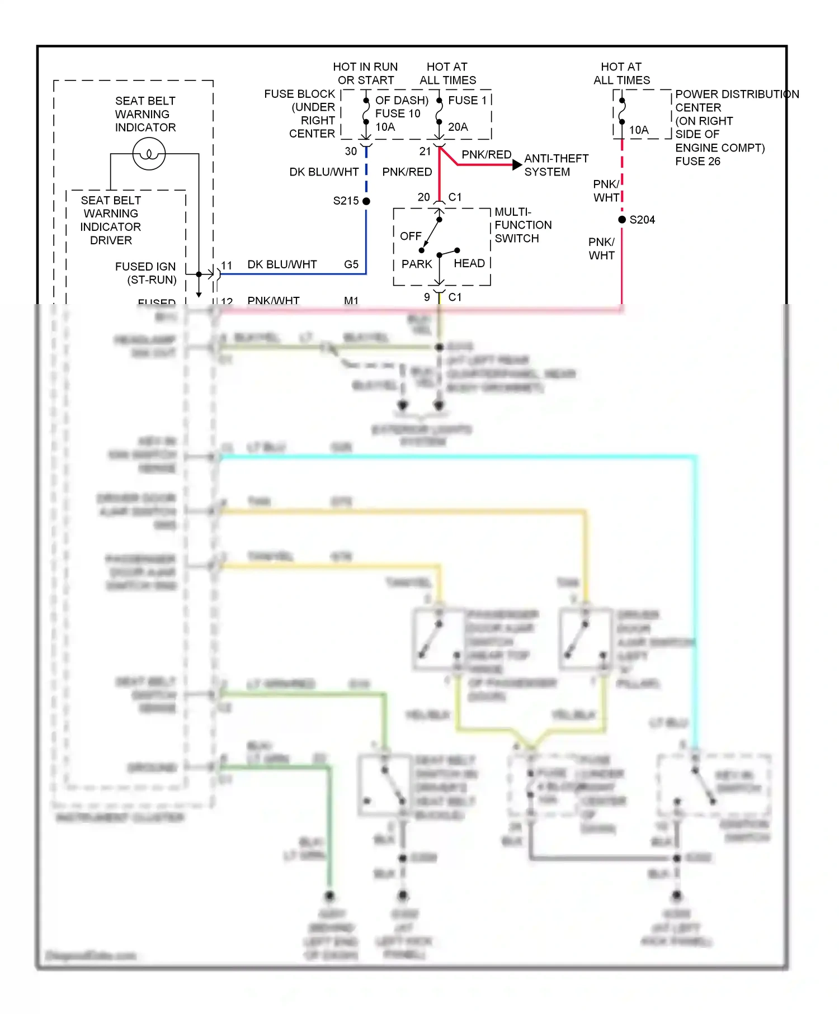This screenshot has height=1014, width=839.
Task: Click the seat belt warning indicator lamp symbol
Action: click(149, 154)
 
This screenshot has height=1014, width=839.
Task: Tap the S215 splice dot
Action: click(366, 201)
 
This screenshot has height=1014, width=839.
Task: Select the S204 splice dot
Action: click(622, 220)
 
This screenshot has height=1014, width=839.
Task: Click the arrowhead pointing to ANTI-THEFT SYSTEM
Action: click(517, 165)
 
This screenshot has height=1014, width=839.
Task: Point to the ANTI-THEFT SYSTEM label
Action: click(555, 165)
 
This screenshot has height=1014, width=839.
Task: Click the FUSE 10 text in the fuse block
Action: click(397, 113)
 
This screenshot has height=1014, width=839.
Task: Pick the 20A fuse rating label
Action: click(458, 127)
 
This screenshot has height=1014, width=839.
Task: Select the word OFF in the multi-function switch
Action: click(411, 236)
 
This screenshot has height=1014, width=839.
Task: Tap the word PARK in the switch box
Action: click(417, 264)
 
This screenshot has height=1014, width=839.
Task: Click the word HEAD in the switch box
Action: click(469, 263)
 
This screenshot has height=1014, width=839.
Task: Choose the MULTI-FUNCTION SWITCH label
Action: click(522, 225)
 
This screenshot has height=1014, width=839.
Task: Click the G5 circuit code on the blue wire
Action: click(351, 264)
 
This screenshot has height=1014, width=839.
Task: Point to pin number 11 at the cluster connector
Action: click(227, 266)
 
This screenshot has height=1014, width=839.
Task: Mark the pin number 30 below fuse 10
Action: click(351, 151)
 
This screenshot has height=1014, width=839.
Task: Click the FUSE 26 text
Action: click(697, 162)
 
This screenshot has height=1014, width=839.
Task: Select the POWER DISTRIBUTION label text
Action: click(737, 94)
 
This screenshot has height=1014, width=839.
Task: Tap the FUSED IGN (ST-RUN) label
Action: click(147, 273)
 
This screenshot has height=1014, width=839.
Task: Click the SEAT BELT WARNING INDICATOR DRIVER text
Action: click(111, 220)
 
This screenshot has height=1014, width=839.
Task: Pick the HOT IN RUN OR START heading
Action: click(366, 74)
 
